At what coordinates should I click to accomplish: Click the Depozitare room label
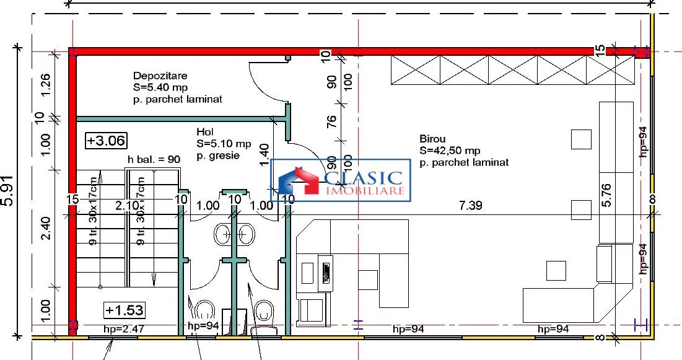coord(160,76)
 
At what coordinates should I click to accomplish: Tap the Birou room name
coord(432,139)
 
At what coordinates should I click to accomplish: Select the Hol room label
coord(205,131)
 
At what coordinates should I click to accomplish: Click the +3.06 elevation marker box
coord(106,141)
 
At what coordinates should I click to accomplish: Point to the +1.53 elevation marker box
coord(125,310)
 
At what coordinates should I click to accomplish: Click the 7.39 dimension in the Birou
coord(471,205)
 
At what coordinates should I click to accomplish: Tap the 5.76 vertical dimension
coord(607,195)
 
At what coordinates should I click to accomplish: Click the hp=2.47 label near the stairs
coord(123,329)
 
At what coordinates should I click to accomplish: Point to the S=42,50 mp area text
coord(450,151)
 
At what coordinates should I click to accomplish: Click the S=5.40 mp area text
coord(160,87)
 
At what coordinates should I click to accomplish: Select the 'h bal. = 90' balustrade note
coord(154,159)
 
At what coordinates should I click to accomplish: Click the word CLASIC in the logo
coord(363,178)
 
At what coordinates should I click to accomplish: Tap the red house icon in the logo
coord(299,180)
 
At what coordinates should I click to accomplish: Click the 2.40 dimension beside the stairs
coord(46,228)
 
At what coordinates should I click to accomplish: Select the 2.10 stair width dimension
coord(127,205)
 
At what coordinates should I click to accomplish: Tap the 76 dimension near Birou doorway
coord(331,121)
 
